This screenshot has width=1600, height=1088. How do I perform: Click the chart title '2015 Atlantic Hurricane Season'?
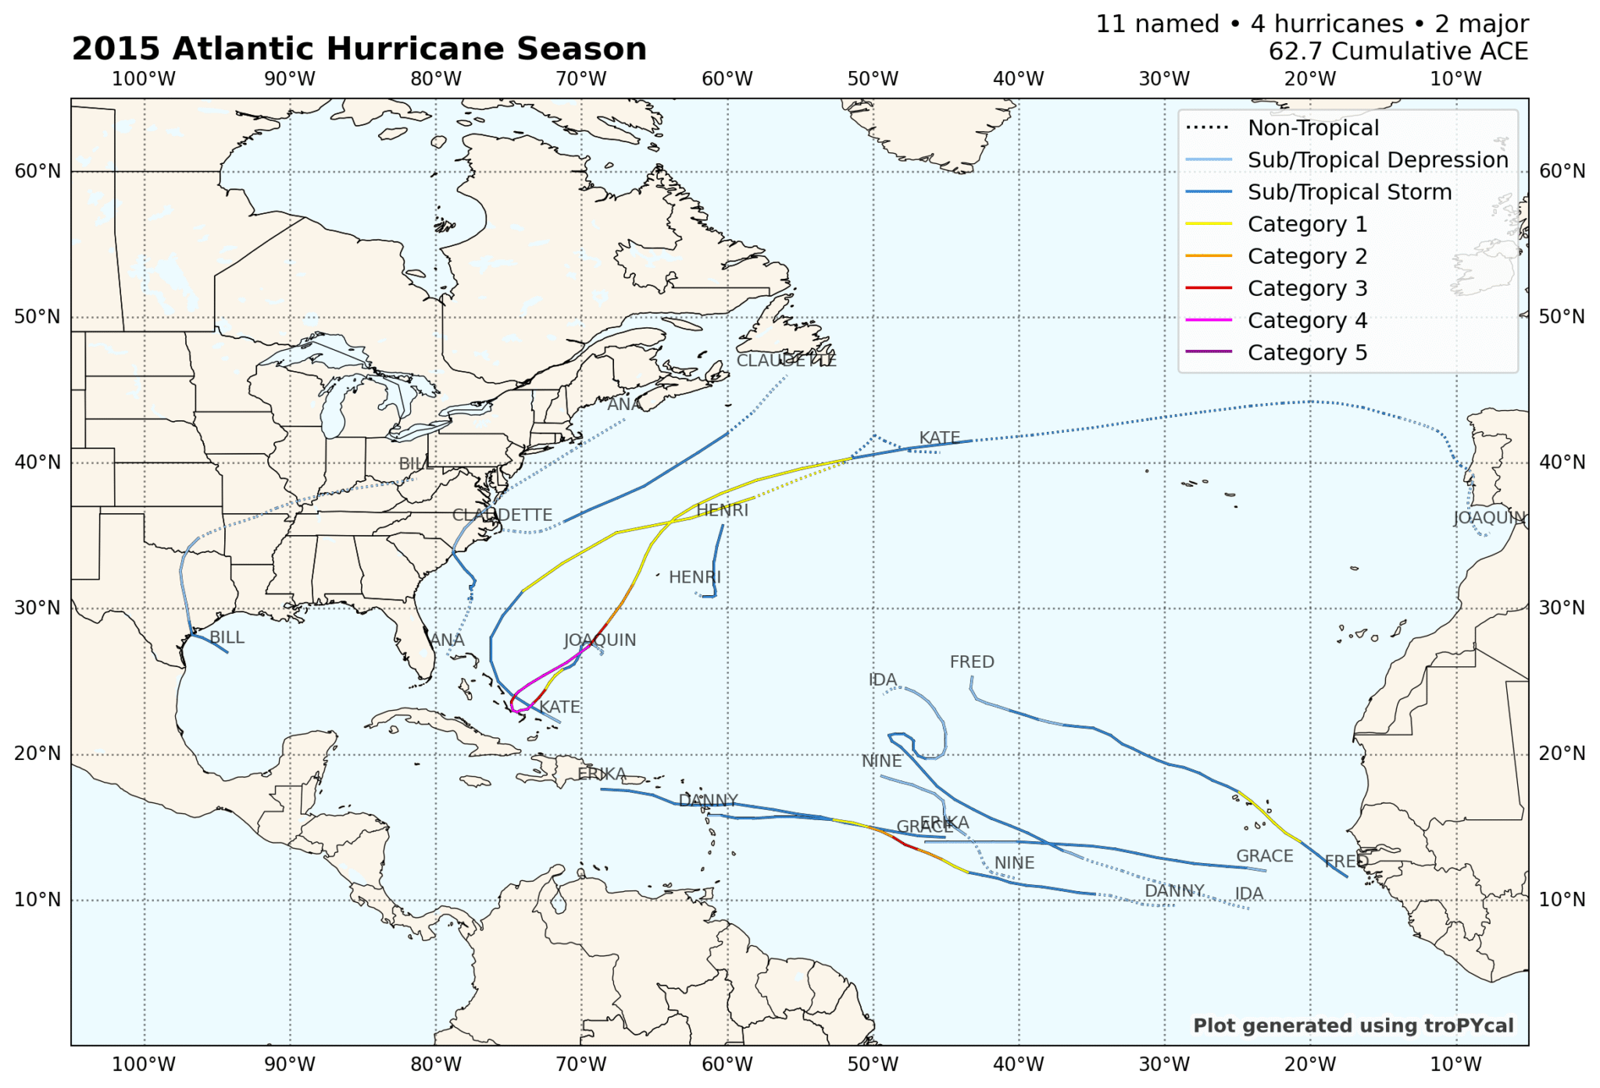359,48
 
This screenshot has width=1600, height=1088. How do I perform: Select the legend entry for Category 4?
1307,320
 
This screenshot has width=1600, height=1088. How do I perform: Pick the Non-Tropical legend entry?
1312,128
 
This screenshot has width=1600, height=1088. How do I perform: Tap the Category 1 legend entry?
1307,224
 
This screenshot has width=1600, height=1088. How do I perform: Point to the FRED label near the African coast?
1345,861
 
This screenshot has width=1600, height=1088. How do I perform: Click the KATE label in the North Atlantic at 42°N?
939,437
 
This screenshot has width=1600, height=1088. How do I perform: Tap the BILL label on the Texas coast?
227,637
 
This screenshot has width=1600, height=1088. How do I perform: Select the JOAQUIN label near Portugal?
1489,517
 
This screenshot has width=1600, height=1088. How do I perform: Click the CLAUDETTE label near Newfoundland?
786,361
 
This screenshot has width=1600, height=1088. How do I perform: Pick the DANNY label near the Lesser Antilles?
708,801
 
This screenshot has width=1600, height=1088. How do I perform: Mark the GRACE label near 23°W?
1264,856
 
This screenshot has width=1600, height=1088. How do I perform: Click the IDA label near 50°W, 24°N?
883,680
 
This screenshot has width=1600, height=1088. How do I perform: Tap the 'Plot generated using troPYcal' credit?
1352,1026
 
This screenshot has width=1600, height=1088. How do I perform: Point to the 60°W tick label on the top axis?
727,79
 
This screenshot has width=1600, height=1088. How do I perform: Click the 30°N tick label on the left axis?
37,608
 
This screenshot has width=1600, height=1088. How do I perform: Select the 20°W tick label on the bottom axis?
1309,1064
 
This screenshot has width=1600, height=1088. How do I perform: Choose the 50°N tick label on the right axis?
1562,316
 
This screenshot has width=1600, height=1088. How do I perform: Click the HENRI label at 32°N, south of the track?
695,577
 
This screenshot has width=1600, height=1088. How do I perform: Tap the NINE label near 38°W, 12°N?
1014,863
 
